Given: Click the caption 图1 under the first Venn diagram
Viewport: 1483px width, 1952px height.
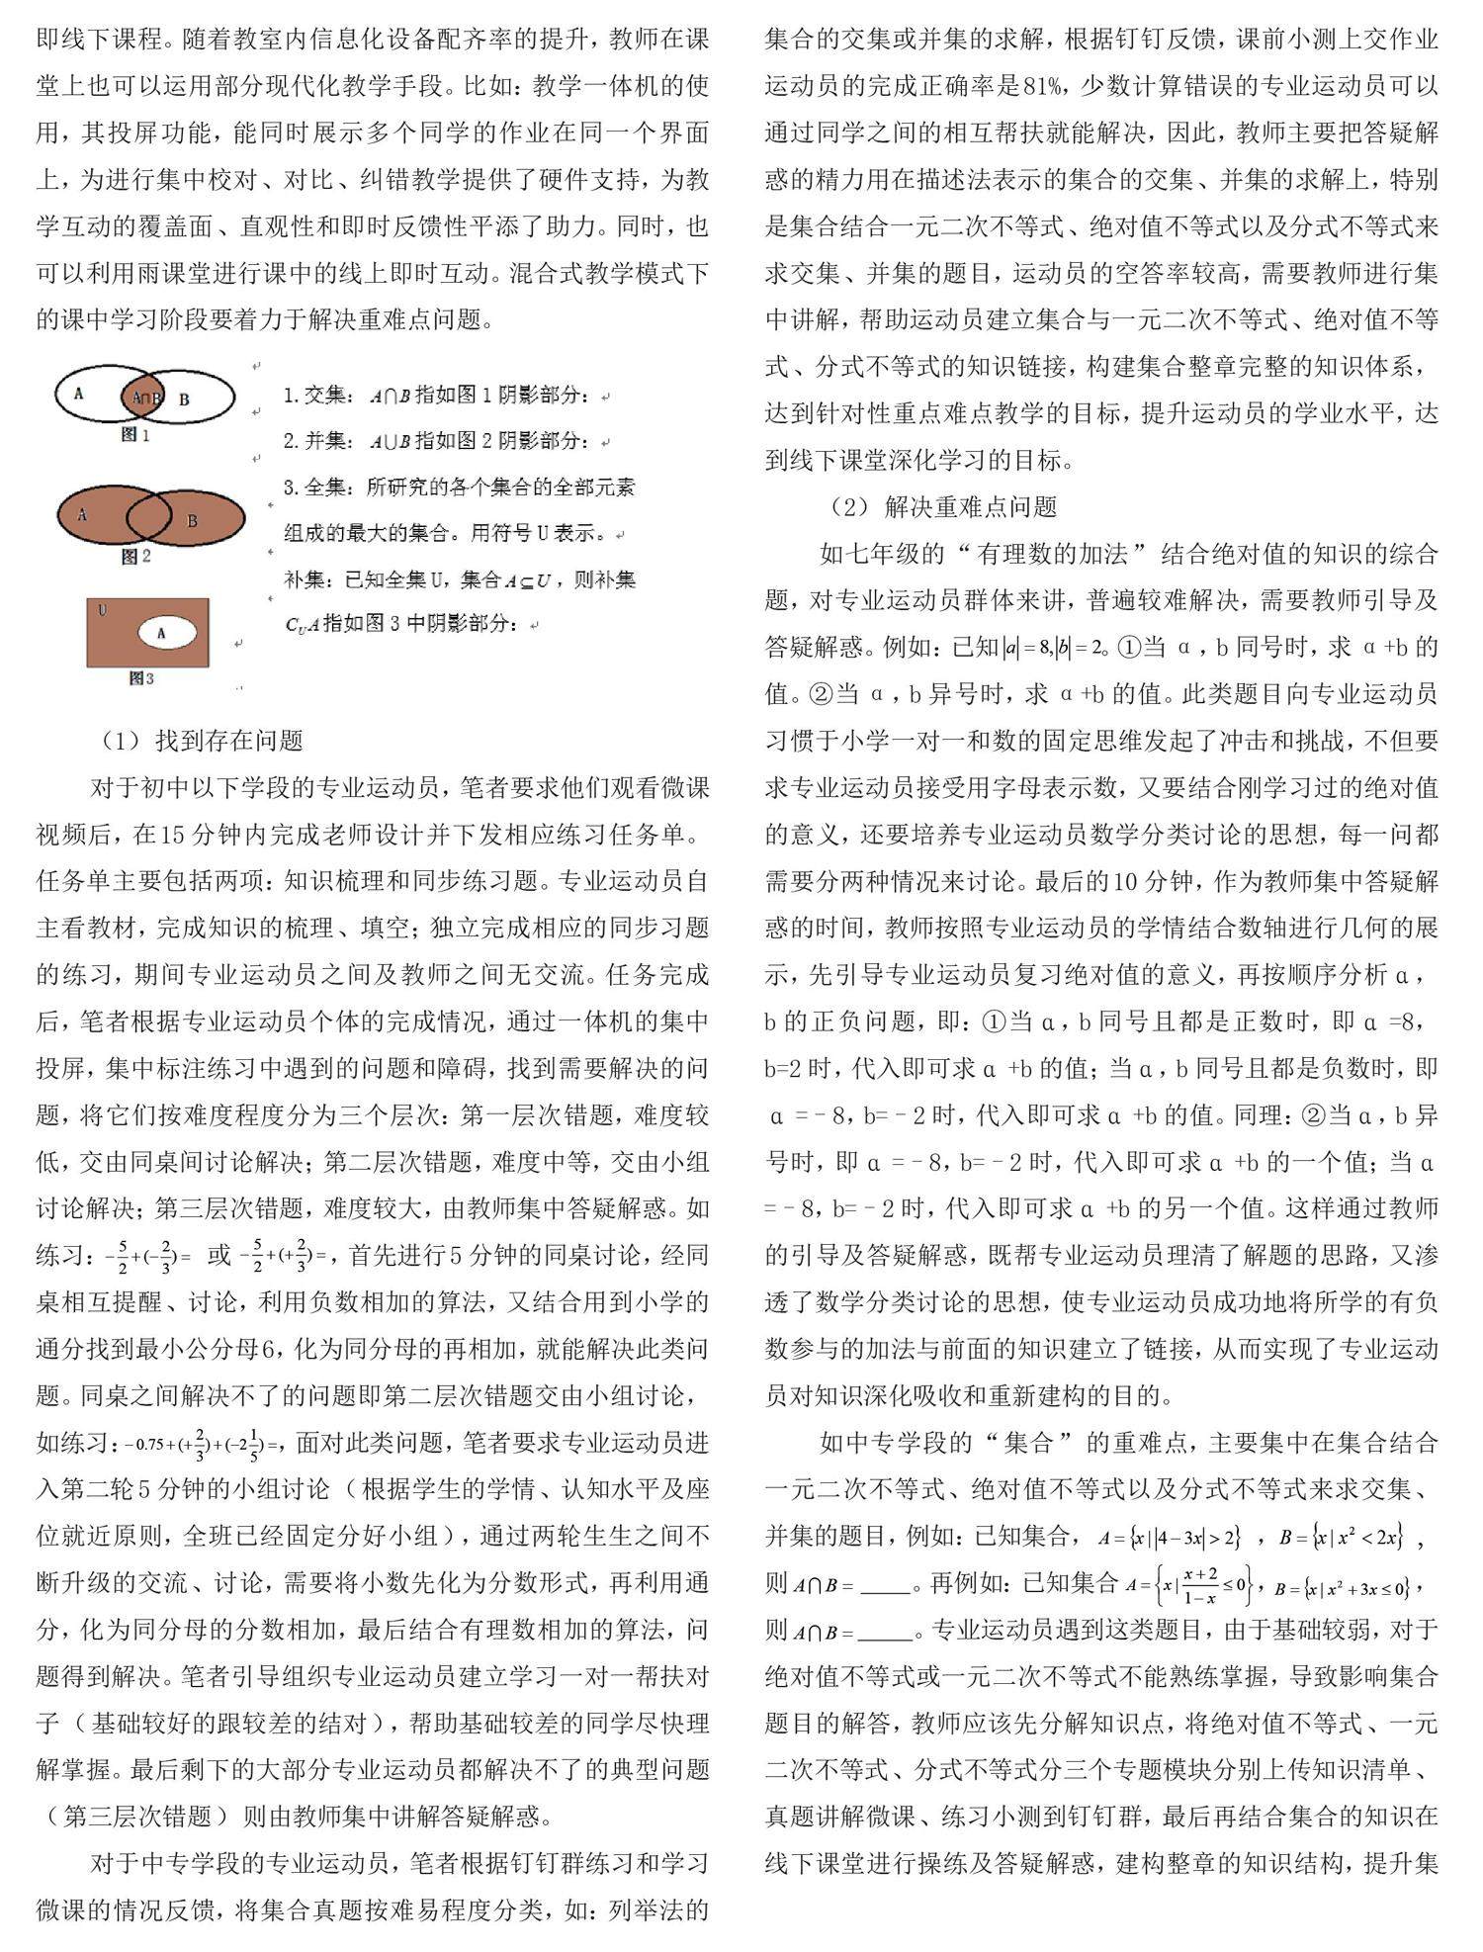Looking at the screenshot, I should click(x=134, y=434).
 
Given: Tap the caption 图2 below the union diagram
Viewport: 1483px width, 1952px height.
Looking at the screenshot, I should click(x=135, y=557).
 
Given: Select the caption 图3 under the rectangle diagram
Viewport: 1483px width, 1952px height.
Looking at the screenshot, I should click(x=141, y=678).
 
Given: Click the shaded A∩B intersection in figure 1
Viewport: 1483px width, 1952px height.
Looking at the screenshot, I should click(x=146, y=398).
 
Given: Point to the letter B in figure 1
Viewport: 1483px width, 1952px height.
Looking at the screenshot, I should click(x=184, y=399).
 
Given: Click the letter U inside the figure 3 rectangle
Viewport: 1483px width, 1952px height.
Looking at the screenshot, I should click(x=102, y=610).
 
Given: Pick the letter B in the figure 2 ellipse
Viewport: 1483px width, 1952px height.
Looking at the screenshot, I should click(x=192, y=520).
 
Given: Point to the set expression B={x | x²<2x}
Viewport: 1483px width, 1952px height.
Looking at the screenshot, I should click(x=1341, y=1538).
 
